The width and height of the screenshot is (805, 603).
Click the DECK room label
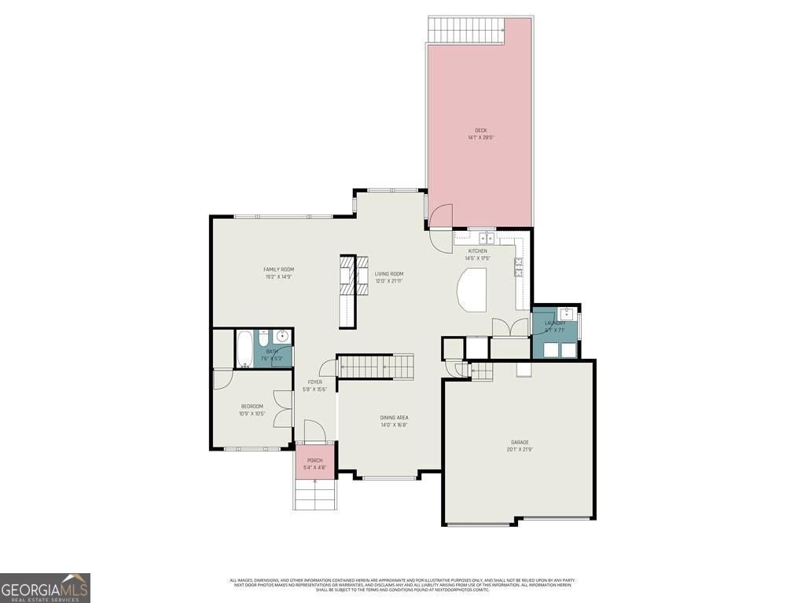tap(480, 130)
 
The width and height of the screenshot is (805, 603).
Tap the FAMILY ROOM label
tap(278, 269)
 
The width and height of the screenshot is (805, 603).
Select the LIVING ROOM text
tap(388, 274)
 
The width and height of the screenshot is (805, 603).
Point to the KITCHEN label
tap(477, 251)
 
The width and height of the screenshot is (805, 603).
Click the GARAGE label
tap(520, 443)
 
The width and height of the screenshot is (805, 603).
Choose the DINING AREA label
tap(393, 418)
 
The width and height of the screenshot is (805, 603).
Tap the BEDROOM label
tap(252, 406)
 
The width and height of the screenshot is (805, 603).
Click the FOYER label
tap(314, 382)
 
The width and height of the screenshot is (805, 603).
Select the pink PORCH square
tap(315, 463)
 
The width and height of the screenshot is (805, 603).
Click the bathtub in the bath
tap(244, 349)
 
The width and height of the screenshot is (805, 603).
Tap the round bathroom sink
tap(283, 338)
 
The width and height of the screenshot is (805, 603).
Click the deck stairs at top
tap(467, 31)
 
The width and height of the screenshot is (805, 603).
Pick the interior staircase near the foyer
tap(375, 367)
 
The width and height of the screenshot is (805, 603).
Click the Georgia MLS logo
tap(46, 587)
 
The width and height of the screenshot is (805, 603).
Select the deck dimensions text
tap(480, 137)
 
